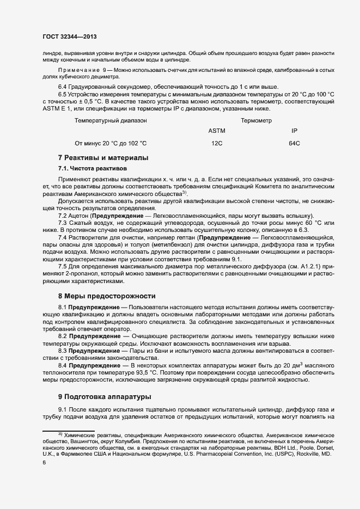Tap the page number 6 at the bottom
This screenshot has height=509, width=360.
pos(44,462)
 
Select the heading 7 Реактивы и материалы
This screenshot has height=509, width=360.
pos(103,158)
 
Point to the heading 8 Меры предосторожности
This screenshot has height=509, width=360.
pos(107,296)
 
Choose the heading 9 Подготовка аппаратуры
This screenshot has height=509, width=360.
pos(105,396)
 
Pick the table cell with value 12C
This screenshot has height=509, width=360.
pos(217,143)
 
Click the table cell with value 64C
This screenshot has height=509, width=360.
pos(294,143)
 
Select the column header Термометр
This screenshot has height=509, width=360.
pos(256,120)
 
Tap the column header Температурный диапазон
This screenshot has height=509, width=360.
pos(111,120)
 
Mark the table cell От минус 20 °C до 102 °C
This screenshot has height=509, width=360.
pos(111,143)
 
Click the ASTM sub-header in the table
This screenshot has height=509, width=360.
pos(216,131)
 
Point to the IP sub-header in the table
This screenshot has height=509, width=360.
pos(294,131)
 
